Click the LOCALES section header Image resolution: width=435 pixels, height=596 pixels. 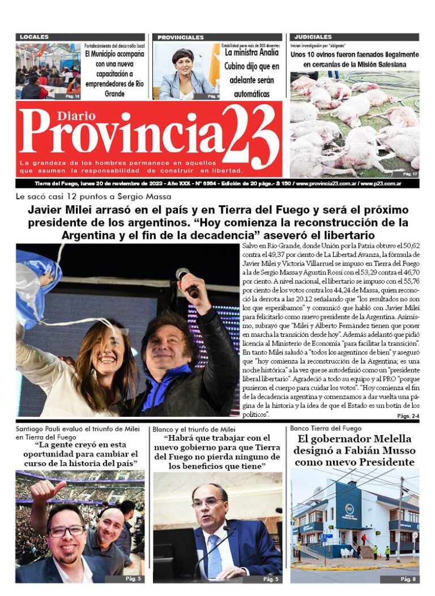click(x=35, y=37)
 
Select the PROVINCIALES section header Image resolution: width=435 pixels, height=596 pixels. click(x=181, y=37)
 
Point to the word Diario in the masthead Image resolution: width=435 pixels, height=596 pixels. click(x=76, y=116)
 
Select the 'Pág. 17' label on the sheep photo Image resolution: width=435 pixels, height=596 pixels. click(x=410, y=174)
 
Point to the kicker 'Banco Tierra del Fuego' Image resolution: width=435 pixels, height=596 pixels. click(x=325, y=428)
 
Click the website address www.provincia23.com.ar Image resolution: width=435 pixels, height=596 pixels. click(x=326, y=184)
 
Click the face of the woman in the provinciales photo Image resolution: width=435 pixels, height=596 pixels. click(x=183, y=63)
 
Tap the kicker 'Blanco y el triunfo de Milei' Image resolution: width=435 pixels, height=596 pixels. click(x=194, y=429)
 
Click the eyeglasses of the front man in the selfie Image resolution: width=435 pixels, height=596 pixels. click(x=66, y=531)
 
